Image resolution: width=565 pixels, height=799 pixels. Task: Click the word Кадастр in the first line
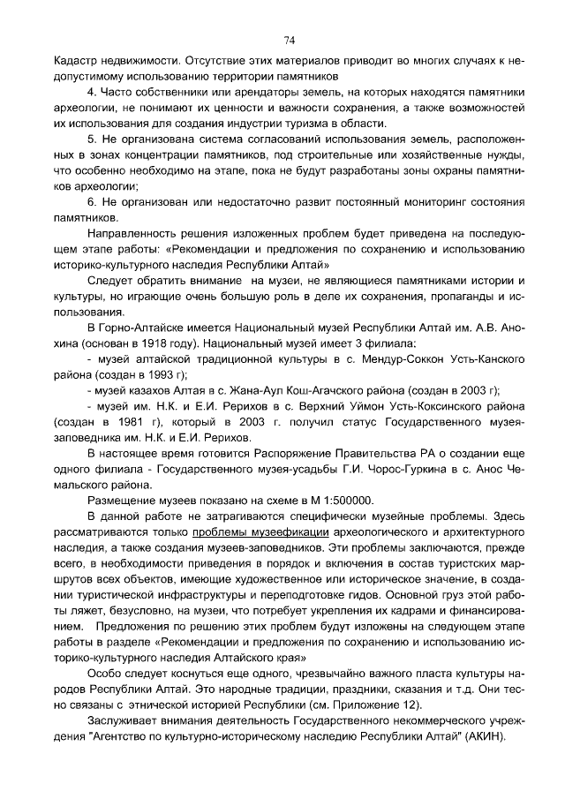click(77, 61)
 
